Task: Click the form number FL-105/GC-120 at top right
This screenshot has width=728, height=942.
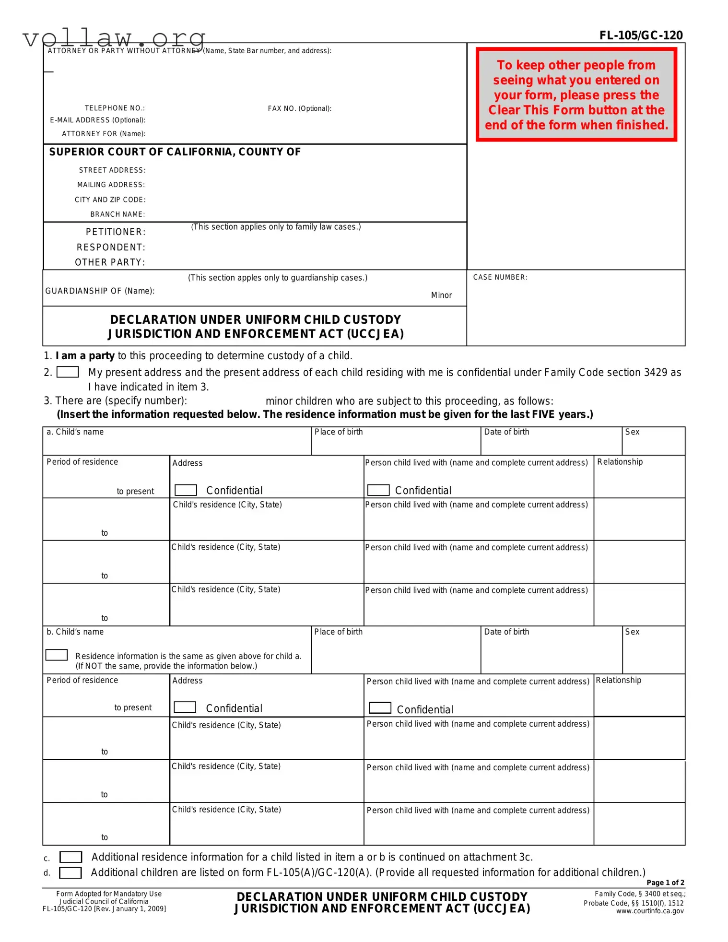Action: (641, 35)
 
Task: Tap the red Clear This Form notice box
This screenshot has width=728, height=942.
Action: (576, 94)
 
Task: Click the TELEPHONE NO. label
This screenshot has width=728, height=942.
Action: (115, 108)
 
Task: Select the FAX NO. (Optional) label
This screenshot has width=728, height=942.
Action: (299, 108)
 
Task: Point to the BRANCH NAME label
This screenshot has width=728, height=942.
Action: (117, 214)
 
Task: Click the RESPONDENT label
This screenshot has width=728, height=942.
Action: (111, 247)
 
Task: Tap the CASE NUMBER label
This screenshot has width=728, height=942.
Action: (500, 277)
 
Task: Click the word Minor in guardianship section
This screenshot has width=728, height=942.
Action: (441, 295)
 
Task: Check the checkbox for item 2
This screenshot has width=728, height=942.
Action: (68, 372)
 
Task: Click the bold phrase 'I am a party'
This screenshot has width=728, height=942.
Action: (85, 356)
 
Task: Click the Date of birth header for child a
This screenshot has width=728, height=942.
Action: (506, 432)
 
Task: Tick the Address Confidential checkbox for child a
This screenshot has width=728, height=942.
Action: (186, 490)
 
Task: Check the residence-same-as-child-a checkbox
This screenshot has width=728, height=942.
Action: (57, 655)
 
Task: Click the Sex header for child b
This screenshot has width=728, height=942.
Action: (632, 632)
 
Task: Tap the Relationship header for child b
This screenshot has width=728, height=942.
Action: (618, 681)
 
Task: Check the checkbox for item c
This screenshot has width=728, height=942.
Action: (70, 857)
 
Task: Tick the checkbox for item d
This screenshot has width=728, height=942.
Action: (70, 873)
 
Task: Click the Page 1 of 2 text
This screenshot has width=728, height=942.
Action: (665, 883)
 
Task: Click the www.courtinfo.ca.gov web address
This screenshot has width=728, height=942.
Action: (650, 911)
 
